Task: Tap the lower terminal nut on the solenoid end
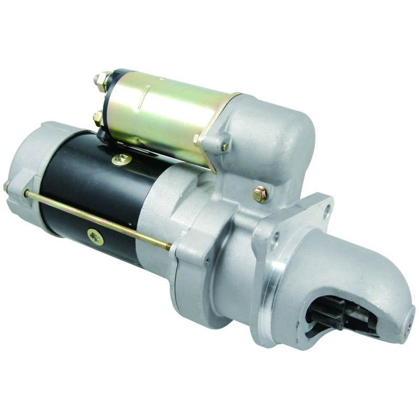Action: click(x=98, y=118)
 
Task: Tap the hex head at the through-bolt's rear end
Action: click(x=7, y=185)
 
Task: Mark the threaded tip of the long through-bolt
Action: click(x=168, y=246)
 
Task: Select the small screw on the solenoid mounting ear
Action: click(x=225, y=147)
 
